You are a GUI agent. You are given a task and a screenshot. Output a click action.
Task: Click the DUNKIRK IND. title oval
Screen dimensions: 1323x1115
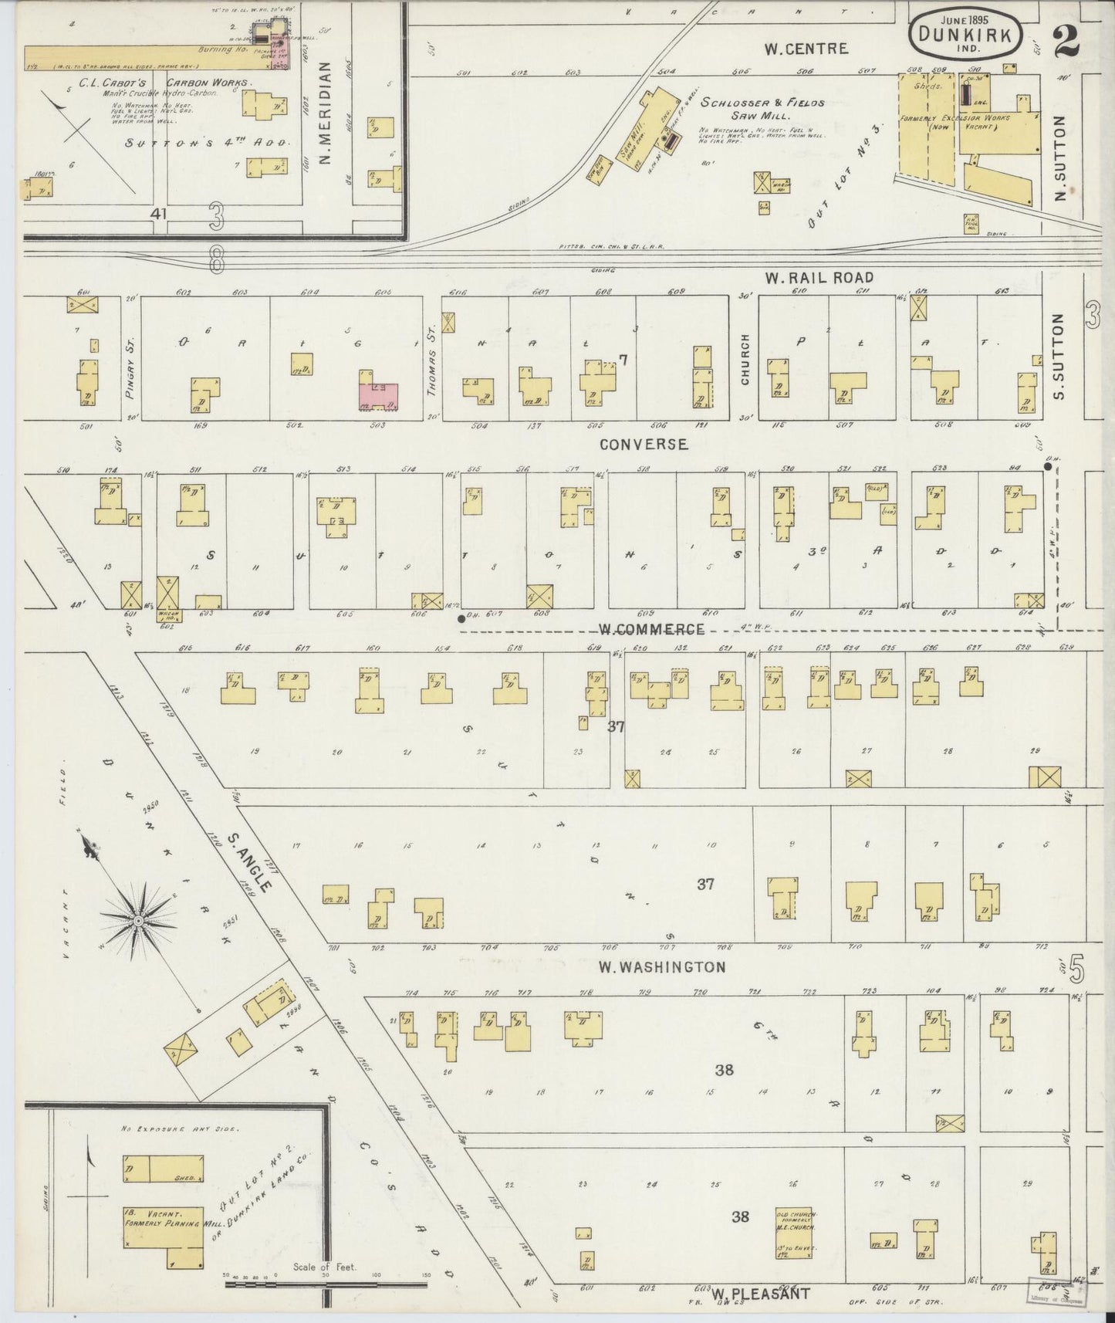pos(969,34)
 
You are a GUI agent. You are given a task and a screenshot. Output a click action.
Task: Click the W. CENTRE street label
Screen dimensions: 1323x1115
pos(806,49)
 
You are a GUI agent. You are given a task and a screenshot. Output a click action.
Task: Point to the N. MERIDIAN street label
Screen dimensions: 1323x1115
pos(325,114)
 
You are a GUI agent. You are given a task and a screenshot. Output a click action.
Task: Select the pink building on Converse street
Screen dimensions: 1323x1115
pos(377,394)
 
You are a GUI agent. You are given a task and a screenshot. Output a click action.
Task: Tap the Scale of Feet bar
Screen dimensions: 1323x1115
pos(326,1285)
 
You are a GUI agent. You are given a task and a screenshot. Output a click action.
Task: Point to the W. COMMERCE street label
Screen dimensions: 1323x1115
pos(652,629)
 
